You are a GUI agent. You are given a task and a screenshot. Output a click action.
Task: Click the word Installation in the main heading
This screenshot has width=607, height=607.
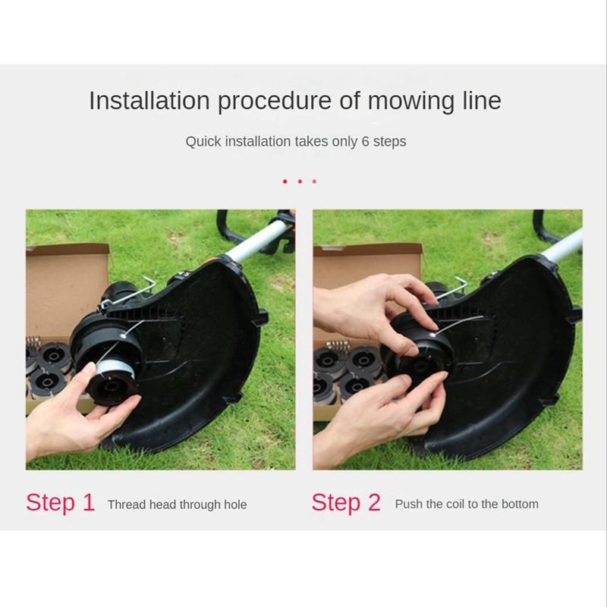pyautogui.click(x=149, y=101)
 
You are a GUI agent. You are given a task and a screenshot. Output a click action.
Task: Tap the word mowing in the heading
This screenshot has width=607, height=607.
pyautogui.click(x=410, y=102)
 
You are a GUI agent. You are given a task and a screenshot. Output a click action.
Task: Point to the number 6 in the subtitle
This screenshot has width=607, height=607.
pyautogui.click(x=365, y=141)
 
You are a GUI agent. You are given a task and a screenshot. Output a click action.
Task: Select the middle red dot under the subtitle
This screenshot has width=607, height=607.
pyautogui.click(x=300, y=181)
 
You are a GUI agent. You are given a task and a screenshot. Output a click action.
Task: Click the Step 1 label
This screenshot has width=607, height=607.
pyautogui.click(x=61, y=502)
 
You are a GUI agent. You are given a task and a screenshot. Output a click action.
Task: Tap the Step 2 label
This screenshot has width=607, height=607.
pyautogui.click(x=346, y=502)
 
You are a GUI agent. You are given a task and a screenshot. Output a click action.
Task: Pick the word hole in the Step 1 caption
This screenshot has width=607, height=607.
pyautogui.click(x=235, y=505)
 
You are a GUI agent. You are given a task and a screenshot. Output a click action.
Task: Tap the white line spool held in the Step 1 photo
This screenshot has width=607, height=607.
pyautogui.click(x=115, y=370)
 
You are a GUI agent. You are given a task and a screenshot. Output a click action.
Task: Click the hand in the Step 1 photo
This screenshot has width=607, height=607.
pyautogui.click(x=77, y=414)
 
